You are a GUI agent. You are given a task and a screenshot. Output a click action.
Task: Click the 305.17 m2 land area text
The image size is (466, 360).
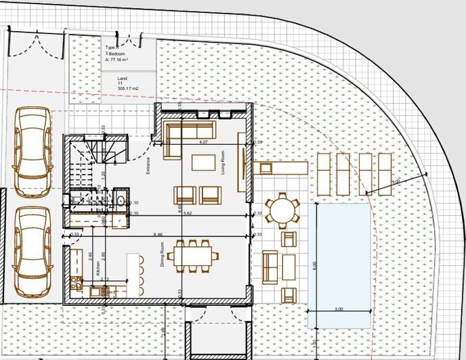point(127,89)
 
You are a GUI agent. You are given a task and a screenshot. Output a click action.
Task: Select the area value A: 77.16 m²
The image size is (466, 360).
point(121,60)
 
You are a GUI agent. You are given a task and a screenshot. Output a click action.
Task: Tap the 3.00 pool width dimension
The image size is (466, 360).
point(339,309)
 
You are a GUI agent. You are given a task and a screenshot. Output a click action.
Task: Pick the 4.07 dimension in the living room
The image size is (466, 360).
point(203,143)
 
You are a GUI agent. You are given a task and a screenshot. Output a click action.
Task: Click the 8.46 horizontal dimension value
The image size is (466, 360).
point(158,234)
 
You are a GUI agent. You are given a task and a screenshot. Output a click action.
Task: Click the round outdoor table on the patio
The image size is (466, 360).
point(280,209)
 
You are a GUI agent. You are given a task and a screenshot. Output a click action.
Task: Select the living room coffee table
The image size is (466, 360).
point(204,162)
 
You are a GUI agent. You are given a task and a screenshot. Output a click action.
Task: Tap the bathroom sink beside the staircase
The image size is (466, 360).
point(119,200)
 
